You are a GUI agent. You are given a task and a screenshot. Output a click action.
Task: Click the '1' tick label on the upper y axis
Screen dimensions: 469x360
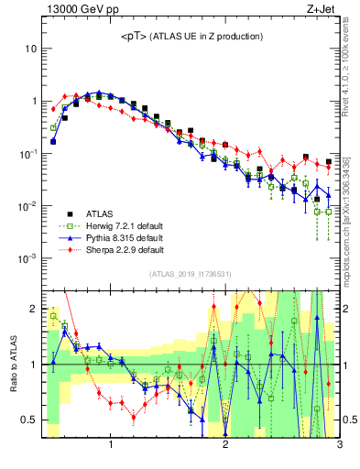pyautogui.click(x=34, y=101)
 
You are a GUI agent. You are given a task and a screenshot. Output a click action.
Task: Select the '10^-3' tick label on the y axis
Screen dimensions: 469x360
pyautogui.click(x=28, y=258)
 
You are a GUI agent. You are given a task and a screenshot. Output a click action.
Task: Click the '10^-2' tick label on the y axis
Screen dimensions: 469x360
pyautogui.click(x=28, y=206)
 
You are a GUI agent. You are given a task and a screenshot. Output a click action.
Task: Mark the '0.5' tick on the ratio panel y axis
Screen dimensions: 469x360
pyautogui.click(x=30, y=420)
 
